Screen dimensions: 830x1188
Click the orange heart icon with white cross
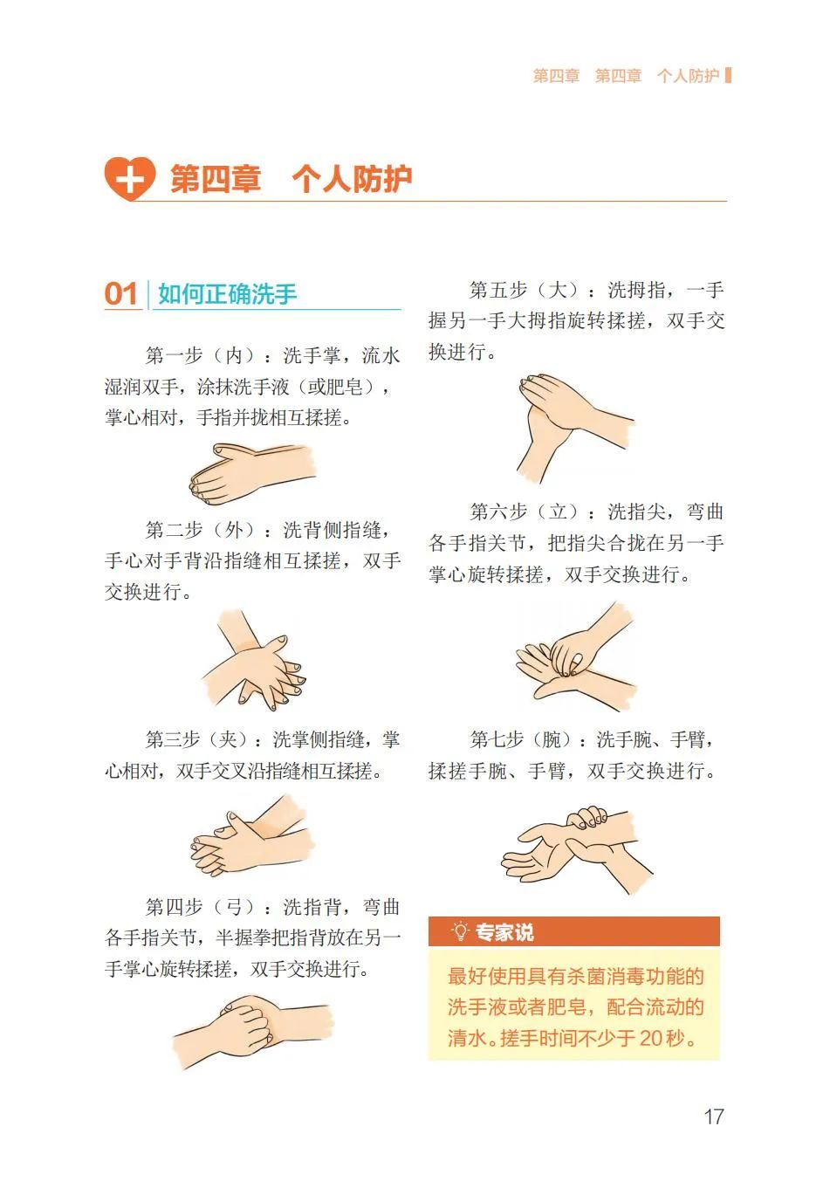pos(130,179)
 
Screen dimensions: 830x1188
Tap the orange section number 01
pos(121,294)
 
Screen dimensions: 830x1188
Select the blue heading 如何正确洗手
pos(227,294)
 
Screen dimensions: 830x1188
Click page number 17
pos(713,1116)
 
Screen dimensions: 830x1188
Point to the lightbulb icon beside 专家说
pos(459,931)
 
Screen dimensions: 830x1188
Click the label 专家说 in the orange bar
pos(504,932)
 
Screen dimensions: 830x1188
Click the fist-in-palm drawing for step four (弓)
pos(253,1031)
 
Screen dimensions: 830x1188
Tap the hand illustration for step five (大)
pos(575,428)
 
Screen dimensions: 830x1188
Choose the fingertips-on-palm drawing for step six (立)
pos(575,656)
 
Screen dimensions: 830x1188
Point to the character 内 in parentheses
pos(233,355)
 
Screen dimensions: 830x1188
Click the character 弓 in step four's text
pos(233,907)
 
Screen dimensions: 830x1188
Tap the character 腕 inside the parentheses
pos(552,738)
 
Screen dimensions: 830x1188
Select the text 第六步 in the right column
pos(498,512)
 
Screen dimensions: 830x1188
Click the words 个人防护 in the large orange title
pos(352,179)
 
